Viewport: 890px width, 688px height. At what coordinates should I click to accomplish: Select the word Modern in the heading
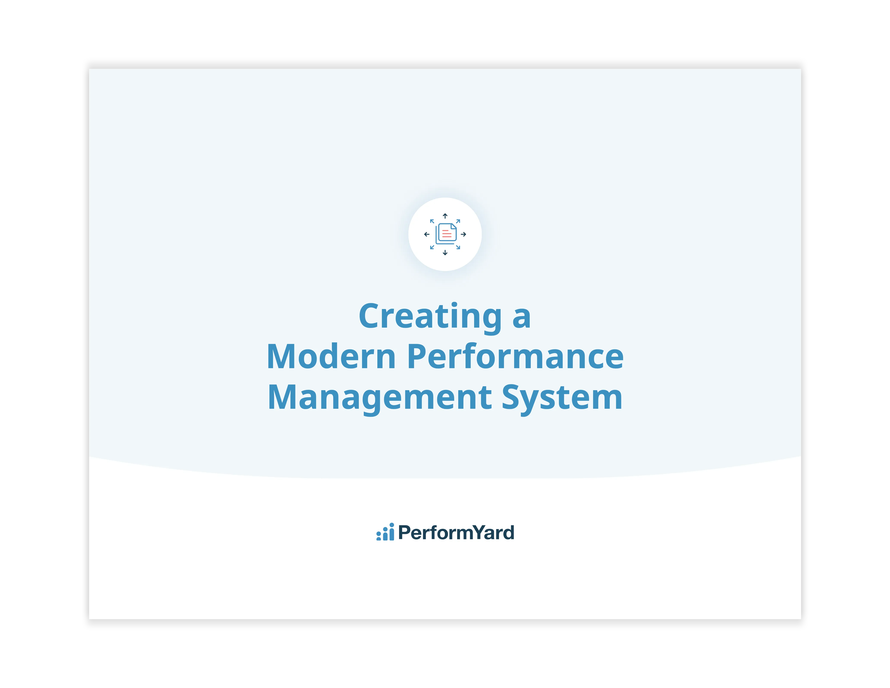331,357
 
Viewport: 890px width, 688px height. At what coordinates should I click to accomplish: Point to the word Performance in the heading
515,357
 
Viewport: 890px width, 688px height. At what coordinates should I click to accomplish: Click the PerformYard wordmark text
456,532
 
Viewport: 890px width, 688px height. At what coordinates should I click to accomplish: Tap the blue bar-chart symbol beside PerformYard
385,532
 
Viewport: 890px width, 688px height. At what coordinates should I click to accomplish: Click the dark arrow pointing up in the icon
445,216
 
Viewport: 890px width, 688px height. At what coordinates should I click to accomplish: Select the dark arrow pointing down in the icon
445,253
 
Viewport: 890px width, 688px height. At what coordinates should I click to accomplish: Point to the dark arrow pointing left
427,234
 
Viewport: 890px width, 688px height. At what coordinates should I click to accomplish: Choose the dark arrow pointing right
463,234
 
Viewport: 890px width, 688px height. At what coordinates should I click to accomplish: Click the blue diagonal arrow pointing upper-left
432,222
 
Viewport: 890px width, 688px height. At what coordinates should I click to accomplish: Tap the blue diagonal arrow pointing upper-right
458,222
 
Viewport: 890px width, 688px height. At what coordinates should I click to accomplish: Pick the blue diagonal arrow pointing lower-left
432,247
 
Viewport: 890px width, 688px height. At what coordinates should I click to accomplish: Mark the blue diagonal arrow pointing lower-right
458,247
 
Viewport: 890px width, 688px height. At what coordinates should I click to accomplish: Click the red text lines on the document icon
447,234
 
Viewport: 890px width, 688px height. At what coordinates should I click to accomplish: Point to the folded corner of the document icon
453,226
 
